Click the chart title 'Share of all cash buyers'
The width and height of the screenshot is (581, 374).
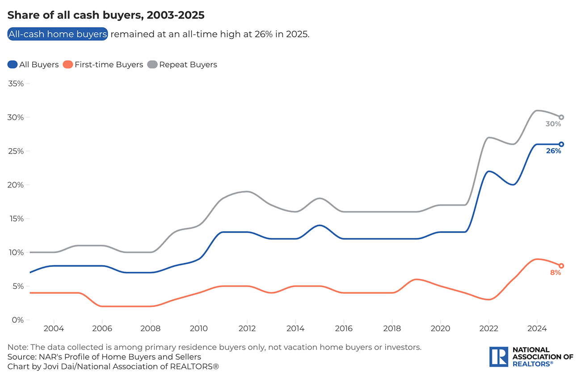(x=106, y=15)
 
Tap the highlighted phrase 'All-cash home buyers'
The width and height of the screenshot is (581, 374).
(x=58, y=34)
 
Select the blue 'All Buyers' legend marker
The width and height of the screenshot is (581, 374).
(x=13, y=65)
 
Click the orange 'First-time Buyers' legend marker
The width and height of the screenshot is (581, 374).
(x=68, y=65)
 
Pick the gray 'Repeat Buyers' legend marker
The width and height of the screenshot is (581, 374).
(x=152, y=65)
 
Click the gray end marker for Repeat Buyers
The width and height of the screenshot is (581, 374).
(x=561, y=117)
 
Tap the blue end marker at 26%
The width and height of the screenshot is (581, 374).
(x=561, y=144)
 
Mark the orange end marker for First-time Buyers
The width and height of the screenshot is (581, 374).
(x=561, y=266)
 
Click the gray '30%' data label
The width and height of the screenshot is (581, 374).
(x=553, y=124)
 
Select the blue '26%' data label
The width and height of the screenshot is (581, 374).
(x=553, y=151)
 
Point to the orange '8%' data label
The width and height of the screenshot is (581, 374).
(x=555, y=272)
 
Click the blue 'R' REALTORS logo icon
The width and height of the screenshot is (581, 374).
(x=499, y=357)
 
